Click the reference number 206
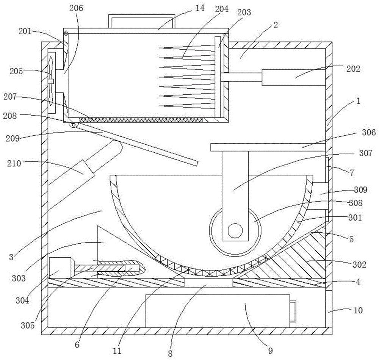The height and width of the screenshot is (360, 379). click(x=76, y=8)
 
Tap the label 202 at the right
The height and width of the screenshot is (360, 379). click(x=353, y=69)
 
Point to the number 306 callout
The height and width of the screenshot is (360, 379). click(x=369, y=132)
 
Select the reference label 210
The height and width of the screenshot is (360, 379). click(x=14, y=164)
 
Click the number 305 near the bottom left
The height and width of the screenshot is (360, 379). click(x=28, y=326)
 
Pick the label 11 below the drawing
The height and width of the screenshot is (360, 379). click(x=117, y=351)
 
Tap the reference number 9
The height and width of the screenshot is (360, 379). click(x=271, y=351)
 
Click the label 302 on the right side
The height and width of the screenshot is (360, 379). click(x=359, y=265)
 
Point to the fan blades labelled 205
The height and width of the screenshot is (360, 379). click(x=51, y=81)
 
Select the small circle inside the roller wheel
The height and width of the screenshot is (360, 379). click(x=235, y=231)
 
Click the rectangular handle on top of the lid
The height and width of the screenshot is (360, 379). click(x=141, y=21)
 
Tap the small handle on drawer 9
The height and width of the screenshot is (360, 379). click(x=293, y=311)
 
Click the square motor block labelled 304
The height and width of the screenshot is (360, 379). click(x=60, y=268)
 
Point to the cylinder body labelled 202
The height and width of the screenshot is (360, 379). click(x=294, y=78)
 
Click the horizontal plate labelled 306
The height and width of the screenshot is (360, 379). click(x=268, y=147)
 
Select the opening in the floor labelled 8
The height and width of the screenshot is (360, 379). click(x=209, y=283)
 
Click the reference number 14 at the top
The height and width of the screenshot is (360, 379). click(x=200, y=8)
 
